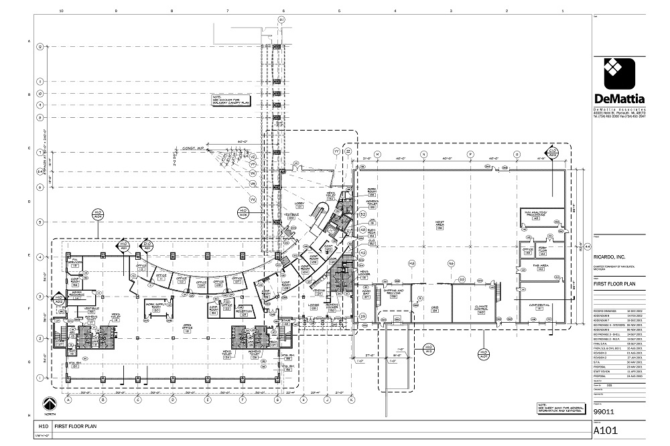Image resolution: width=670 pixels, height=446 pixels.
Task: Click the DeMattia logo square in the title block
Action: (620, 74)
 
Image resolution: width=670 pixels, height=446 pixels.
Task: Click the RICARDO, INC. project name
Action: (611, 255)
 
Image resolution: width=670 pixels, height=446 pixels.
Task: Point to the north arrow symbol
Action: (48, 404)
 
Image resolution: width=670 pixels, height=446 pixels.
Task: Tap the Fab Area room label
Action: (541, 267)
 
